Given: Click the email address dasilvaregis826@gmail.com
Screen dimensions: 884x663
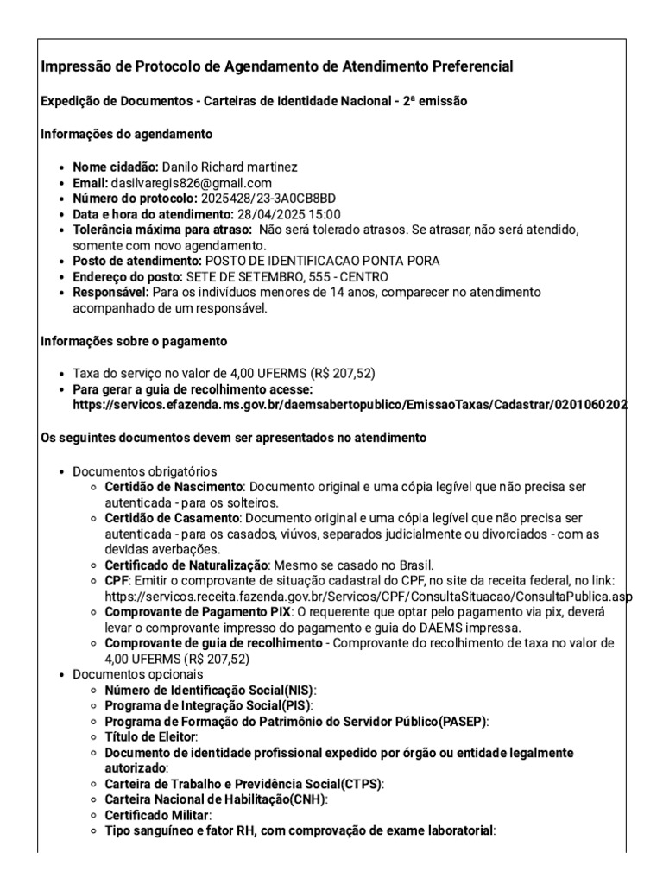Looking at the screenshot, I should click(x=191, y=183).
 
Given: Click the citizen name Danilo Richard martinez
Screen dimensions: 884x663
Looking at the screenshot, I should click(x=230, y=167).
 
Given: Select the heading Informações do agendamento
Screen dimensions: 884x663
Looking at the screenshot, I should click(x=127, y=134).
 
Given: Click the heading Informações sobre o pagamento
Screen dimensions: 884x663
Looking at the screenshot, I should click(x=134, y=340).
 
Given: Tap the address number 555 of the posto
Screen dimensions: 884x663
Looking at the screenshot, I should click(x=315, y=276).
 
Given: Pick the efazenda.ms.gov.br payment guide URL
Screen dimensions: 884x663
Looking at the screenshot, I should click(x=350, y=405).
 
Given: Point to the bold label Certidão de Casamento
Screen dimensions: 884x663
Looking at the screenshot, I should click(x=172, y=518).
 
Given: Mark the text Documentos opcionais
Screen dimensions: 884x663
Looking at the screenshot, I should click(x=138, y=673).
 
